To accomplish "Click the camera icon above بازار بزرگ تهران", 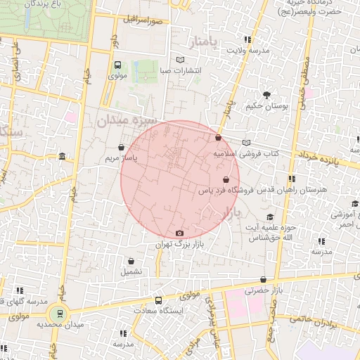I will point(179,233).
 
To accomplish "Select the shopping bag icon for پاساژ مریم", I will point(122,148).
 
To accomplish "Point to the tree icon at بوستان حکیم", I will point(266,95).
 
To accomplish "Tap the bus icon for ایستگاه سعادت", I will point(158,300).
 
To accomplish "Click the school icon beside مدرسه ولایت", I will point(246,39).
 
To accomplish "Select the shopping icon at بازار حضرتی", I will point(263,280).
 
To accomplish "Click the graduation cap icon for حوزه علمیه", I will point(271,217).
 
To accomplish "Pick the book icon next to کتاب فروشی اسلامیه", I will point(245,143).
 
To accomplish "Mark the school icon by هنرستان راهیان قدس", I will point(292,179).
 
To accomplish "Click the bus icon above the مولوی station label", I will point(117,65).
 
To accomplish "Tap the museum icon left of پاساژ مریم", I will point(63,156).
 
